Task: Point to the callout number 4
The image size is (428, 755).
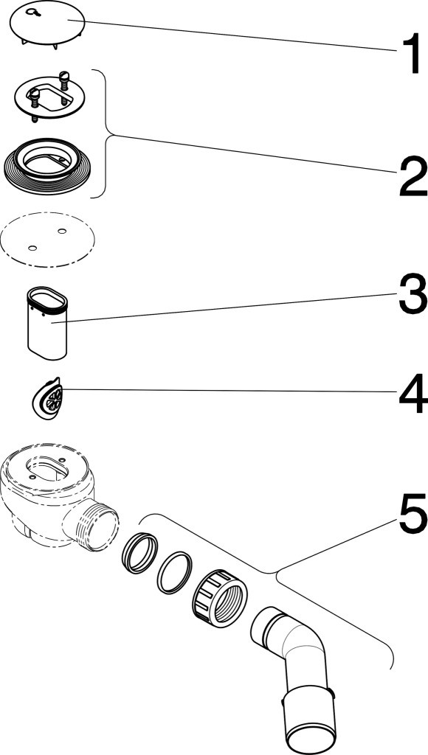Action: click(x=413, y=394)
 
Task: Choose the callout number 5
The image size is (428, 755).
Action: click(x=413, y=514)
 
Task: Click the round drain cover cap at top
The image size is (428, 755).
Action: click(x=47, y=26)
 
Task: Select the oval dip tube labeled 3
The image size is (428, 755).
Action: click(x=47, y=323)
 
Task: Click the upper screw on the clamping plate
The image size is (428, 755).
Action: click(x=64, y=80)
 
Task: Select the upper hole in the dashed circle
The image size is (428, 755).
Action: click(x=62, y=231)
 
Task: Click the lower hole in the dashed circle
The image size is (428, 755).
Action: click(x=32, y=248)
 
